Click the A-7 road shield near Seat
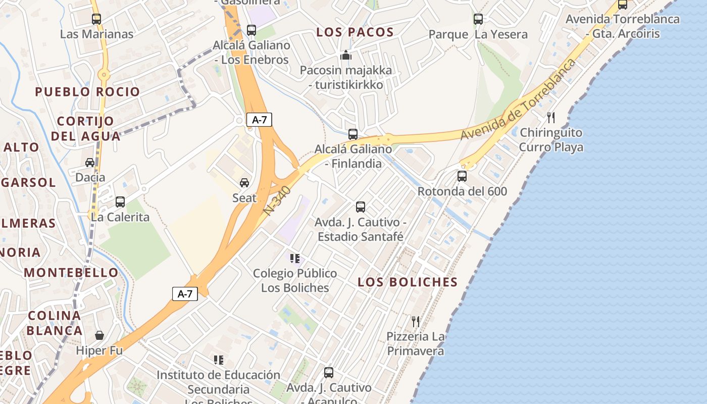click(x=259, y=120)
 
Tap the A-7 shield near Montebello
click(x=185, y=294)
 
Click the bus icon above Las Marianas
click(x=96, y=19)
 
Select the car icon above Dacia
click(x=90, y=163)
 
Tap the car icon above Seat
click(x=244, y=183)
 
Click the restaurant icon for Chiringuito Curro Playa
click(x=551, y=118)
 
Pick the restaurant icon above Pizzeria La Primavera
click(x=416, y=321)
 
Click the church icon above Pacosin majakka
click(x=346, y=55)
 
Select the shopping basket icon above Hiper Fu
click(x=99, y=335)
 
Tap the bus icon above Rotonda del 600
click(x=462, y=176)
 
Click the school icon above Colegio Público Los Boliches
click(x=295, y=259)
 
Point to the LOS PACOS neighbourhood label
click(x=355, y=32)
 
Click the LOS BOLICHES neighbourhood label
click(x=408, y=282)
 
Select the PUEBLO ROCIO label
click(x=87, y=92)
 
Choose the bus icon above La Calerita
click(x=120, y=202)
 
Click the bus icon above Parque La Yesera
click(x=478, y=19)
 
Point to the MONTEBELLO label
click(x=71, y=273)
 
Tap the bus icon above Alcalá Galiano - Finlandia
click(x=353, y=134)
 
